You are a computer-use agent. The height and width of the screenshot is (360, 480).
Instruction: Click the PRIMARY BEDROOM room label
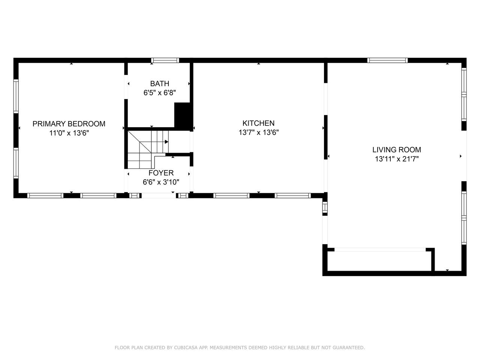pos(69,124)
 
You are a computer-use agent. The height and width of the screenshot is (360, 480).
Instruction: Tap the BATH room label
pos(160,84)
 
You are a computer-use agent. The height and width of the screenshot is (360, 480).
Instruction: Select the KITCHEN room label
pos(258,123)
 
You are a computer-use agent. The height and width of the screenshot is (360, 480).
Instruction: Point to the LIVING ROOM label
pos(397,150)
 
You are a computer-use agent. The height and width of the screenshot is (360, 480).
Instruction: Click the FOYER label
pos(161,173)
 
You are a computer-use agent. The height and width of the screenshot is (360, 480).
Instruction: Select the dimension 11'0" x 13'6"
pos(69,133)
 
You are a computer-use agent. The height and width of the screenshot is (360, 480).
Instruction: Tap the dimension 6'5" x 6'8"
pos(160,93)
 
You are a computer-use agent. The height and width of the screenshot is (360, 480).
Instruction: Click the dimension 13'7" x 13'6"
pos(258,132)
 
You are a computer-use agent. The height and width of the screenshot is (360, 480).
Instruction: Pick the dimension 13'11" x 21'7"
pos(397,159)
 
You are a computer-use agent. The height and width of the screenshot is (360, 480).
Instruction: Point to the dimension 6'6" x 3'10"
pos(161,182)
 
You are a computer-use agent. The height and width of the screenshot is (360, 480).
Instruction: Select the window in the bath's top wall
pos(165,60)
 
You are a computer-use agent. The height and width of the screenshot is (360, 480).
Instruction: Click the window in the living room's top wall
pos(387,60)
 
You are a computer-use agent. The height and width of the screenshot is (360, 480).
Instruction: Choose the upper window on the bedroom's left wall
pos(16,96)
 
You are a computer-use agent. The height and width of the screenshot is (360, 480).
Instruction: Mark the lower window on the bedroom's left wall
pos(16,163)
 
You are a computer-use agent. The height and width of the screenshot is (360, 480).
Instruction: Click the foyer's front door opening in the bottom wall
pos(159,195)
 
